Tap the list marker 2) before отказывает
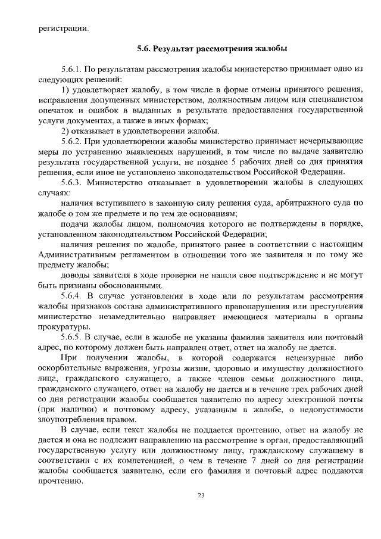(66, 131)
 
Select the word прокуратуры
(64, 327)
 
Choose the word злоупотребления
(72, 420)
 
